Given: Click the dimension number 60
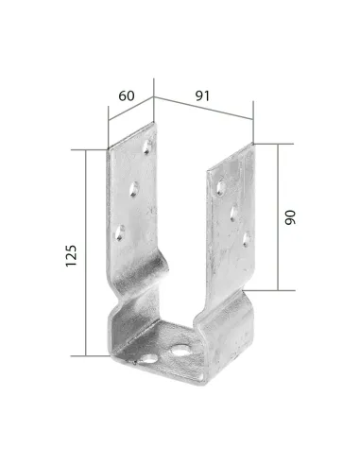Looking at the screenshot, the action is pyautogui.click(x=127, y=95).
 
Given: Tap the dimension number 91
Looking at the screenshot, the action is pyautogui.click(x=202, y=95).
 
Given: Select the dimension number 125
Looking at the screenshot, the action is pyautogui.click(x=71, y=255).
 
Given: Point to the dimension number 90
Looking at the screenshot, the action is pyautogui.click(x=290, y=217).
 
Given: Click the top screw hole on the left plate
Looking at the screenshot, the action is pyautogui.click(x=147, y=146).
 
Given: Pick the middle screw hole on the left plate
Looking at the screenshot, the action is pyautogui.click(x=134, y=189).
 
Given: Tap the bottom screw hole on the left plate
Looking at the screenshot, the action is pyautogui.click(x=119, y=233).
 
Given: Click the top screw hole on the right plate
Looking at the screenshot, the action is pyautogui.click(x=221, y=188).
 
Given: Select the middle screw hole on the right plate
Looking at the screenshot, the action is pyautogui.click(x=233, y=214).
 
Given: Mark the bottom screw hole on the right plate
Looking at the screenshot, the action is pyautogui.click(x=247, y=239).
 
